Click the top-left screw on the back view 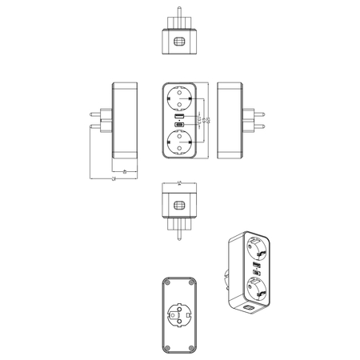coord(166,285)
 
